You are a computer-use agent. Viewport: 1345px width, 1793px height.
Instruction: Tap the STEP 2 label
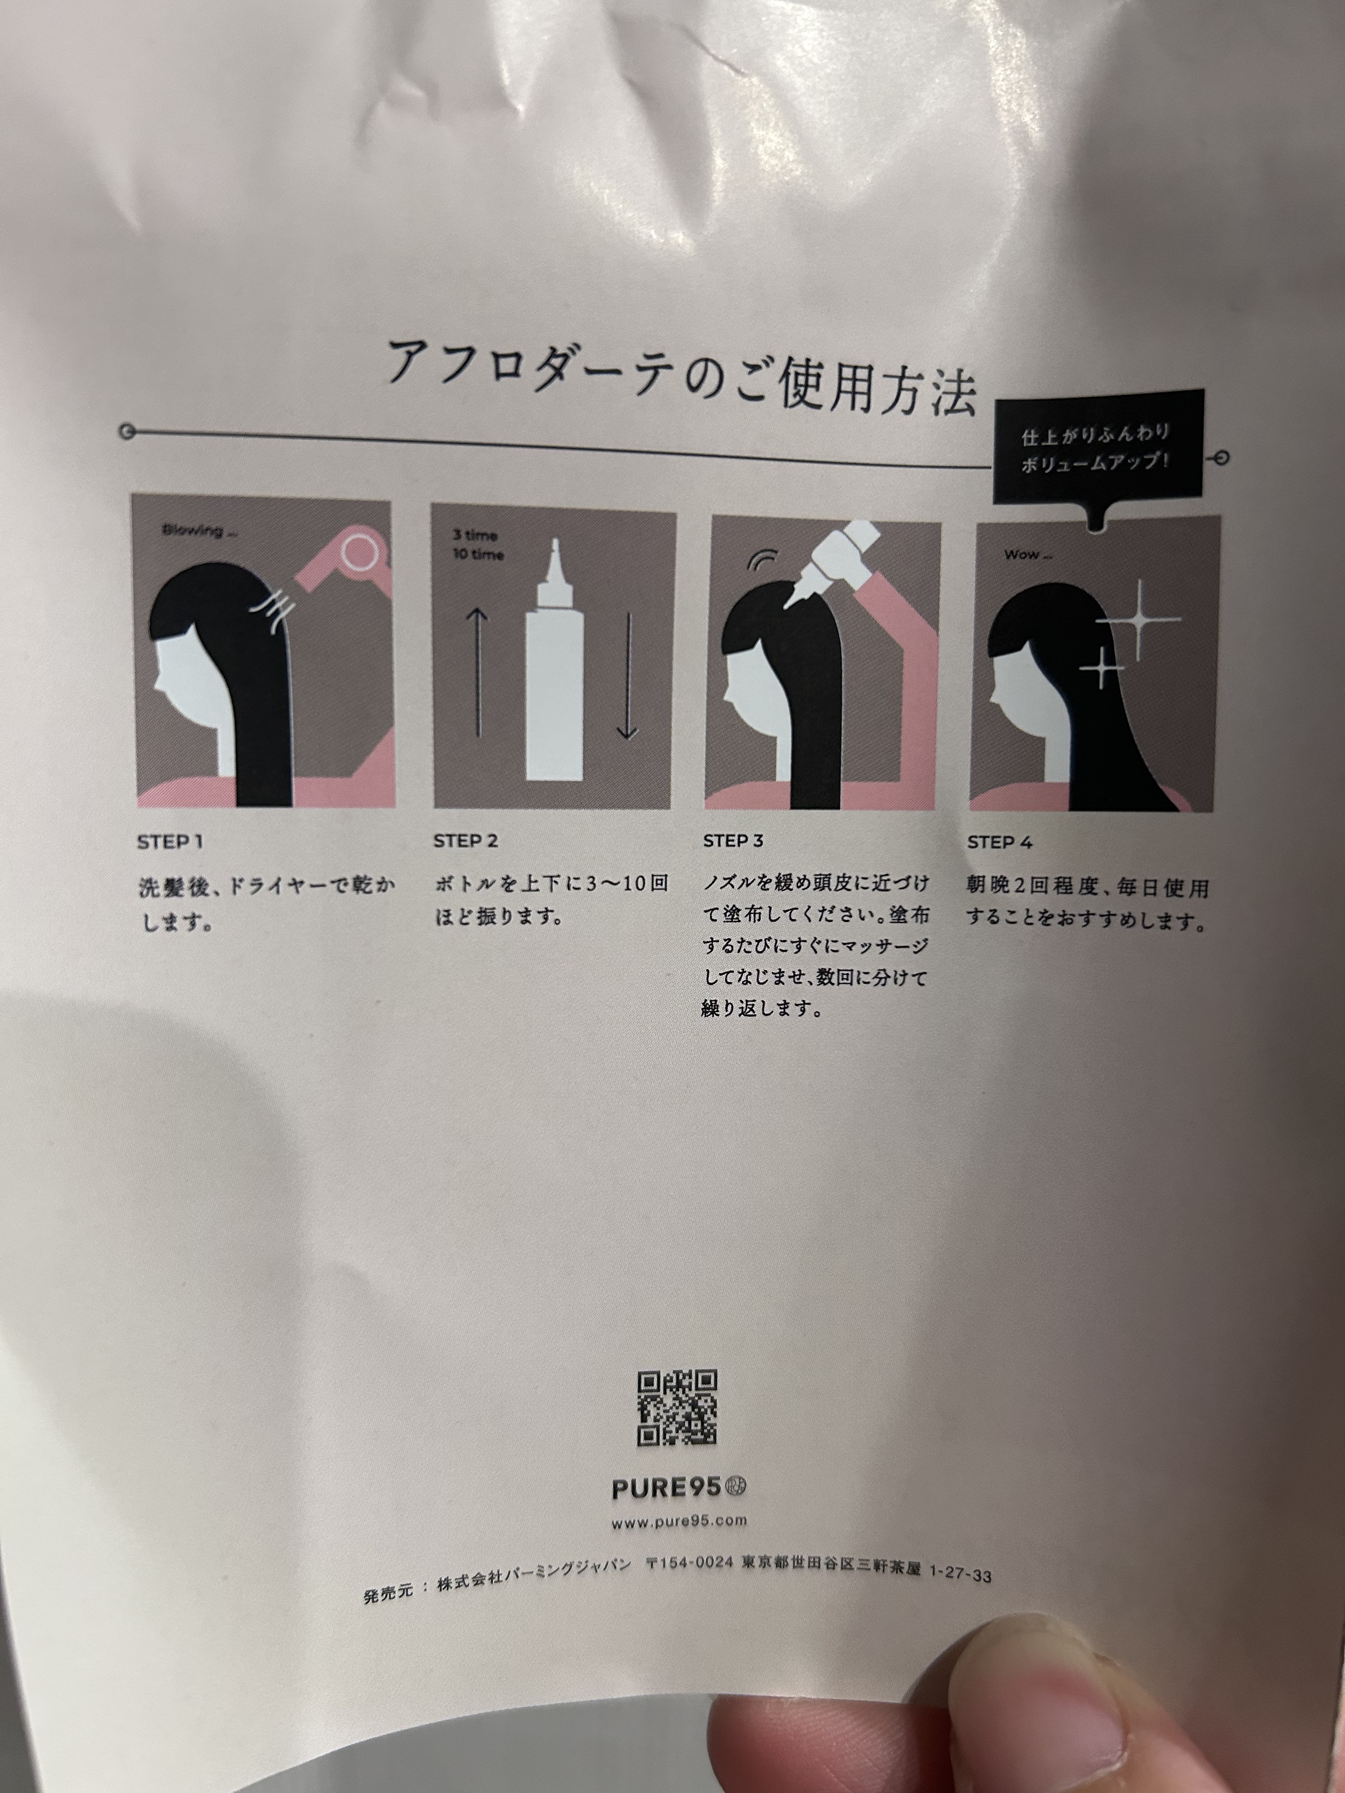tap(465, 840)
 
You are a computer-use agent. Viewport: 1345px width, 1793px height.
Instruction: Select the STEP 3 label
tap(733, 840)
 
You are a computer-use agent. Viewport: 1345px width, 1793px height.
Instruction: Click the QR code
tap(677, 1408)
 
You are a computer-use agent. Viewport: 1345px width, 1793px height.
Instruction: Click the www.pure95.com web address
tap(679, 1521)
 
